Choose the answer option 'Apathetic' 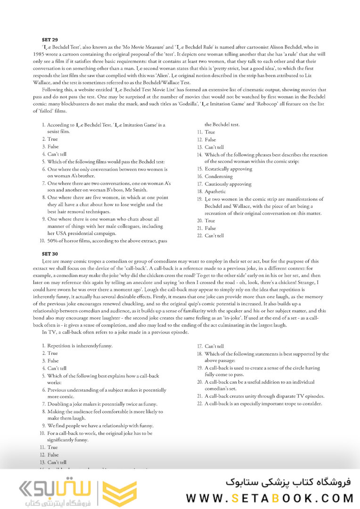point(215,192)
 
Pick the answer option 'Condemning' point(218,177)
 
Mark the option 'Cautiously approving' point(228,184)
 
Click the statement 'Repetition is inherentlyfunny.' point(80,346)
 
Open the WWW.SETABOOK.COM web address point(270,498)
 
